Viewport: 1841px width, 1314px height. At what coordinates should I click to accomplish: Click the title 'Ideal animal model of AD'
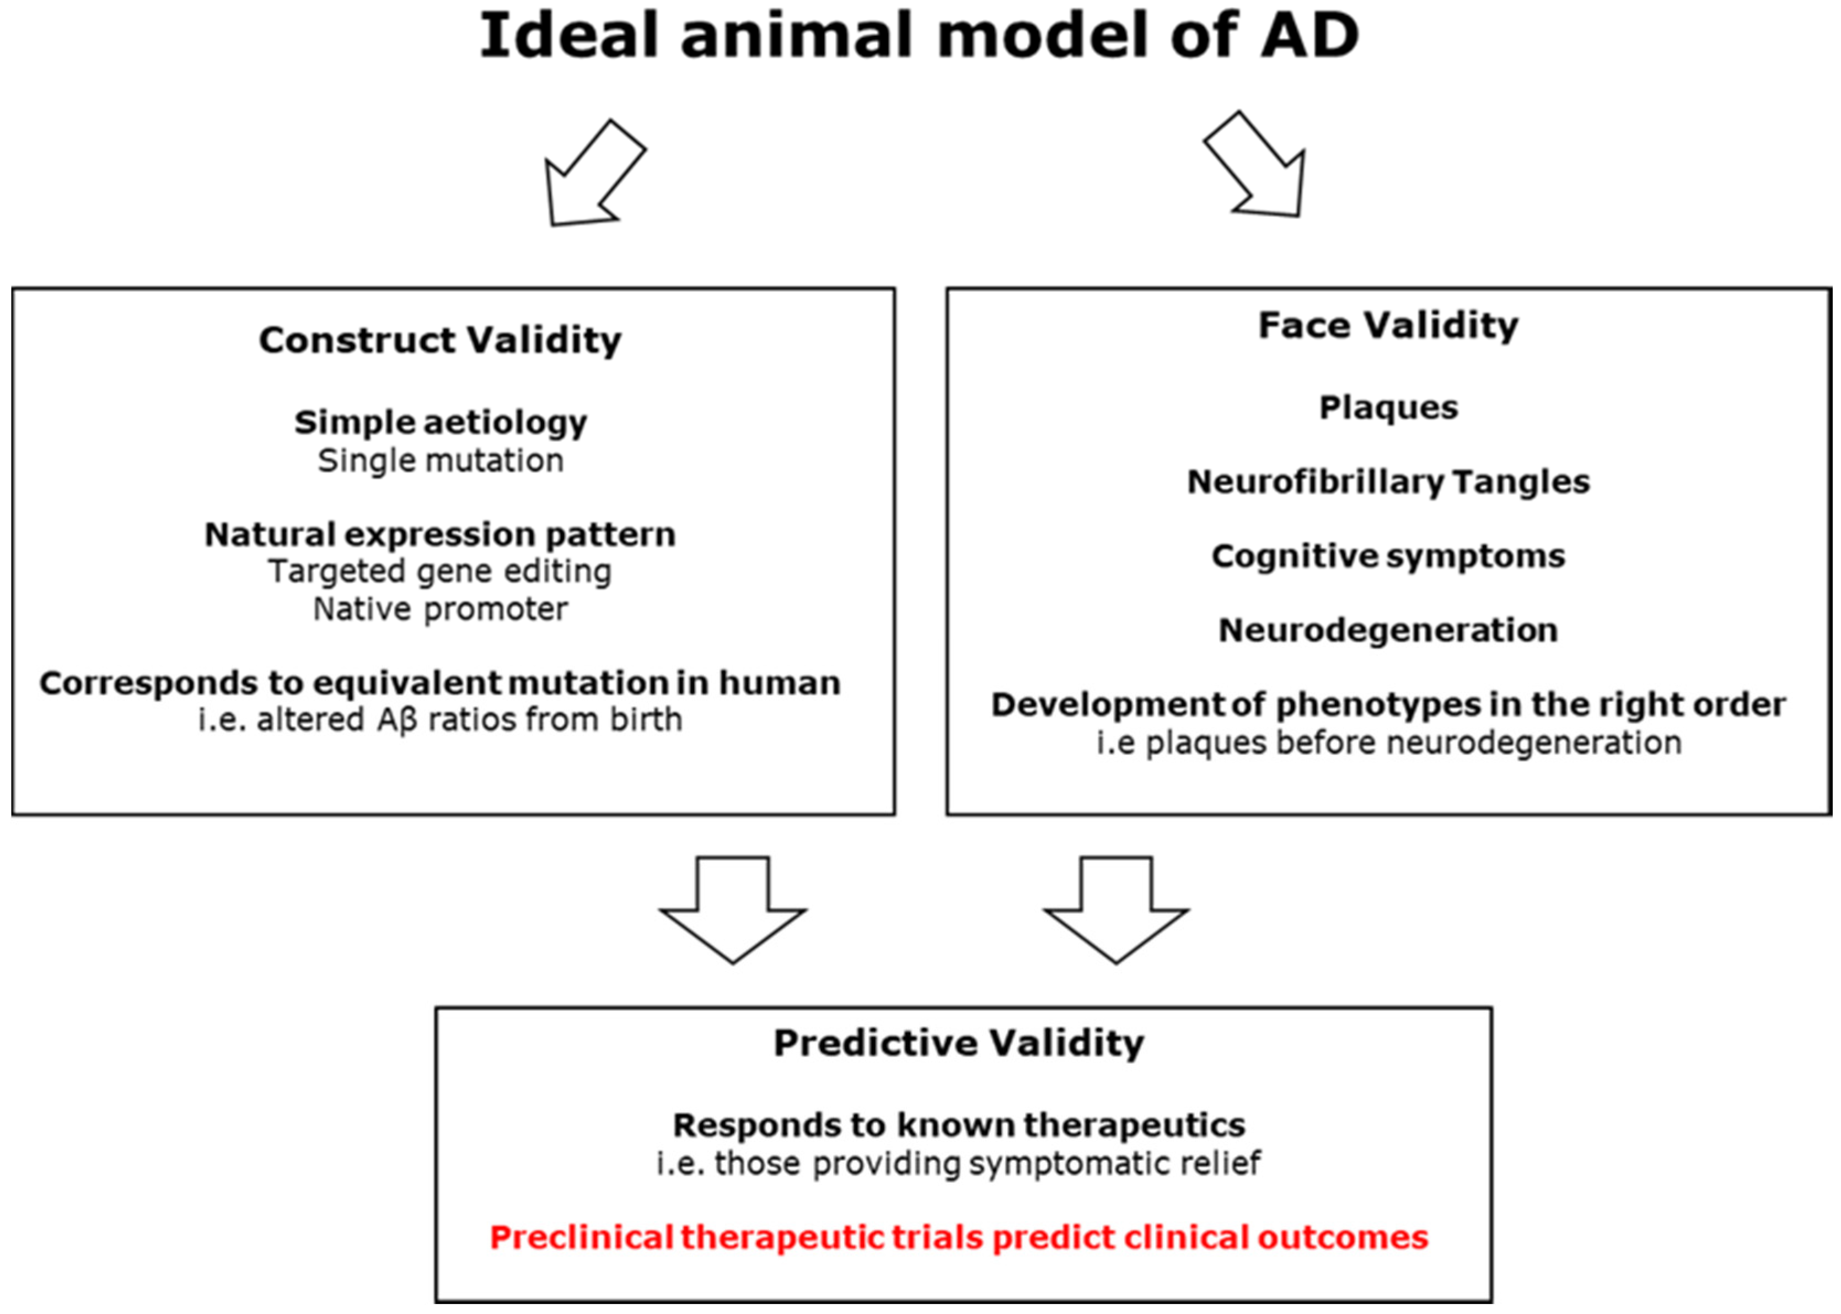(919, 36)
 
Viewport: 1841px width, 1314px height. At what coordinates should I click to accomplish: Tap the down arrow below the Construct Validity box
(733, 909)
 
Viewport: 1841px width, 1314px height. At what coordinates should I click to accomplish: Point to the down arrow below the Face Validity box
(1116, 909)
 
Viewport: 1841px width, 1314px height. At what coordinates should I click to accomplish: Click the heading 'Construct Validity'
(440, 341)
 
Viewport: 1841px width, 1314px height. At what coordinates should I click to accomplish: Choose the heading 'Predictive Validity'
(959, 1043)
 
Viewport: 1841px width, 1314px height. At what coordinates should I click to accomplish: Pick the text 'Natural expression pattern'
(440, 535)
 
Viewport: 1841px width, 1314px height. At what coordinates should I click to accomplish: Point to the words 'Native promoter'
(440, 609)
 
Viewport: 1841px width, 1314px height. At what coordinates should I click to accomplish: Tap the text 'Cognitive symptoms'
(1389, 557)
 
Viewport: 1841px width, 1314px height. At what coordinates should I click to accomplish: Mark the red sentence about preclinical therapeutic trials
(959, 1238)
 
